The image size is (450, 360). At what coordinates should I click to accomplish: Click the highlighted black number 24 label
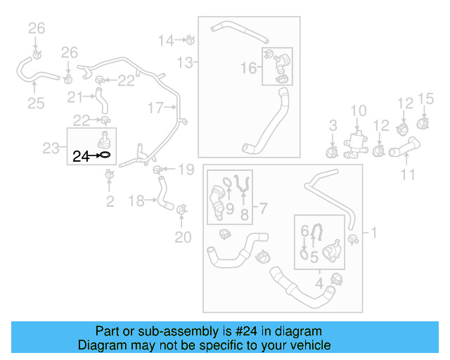point(81,156)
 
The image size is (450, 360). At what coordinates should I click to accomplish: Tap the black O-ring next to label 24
point(103,155)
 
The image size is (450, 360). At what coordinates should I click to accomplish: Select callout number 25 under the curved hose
point(36,104)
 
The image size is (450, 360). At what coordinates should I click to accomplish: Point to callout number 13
point(184,63)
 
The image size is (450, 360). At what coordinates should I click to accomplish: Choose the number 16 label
point(250,67)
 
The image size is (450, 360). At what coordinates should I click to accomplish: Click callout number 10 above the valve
point(359,110)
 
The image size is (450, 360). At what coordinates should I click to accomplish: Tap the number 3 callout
point(333,126)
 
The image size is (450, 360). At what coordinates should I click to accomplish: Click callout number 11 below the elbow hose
point(408,173)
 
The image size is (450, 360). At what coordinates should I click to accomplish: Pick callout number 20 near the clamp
point(183,238)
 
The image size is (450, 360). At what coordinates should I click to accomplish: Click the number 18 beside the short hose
point(137,201)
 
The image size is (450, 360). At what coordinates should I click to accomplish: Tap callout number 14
point(165,40)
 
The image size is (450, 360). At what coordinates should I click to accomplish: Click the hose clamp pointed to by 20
point(182,209)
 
